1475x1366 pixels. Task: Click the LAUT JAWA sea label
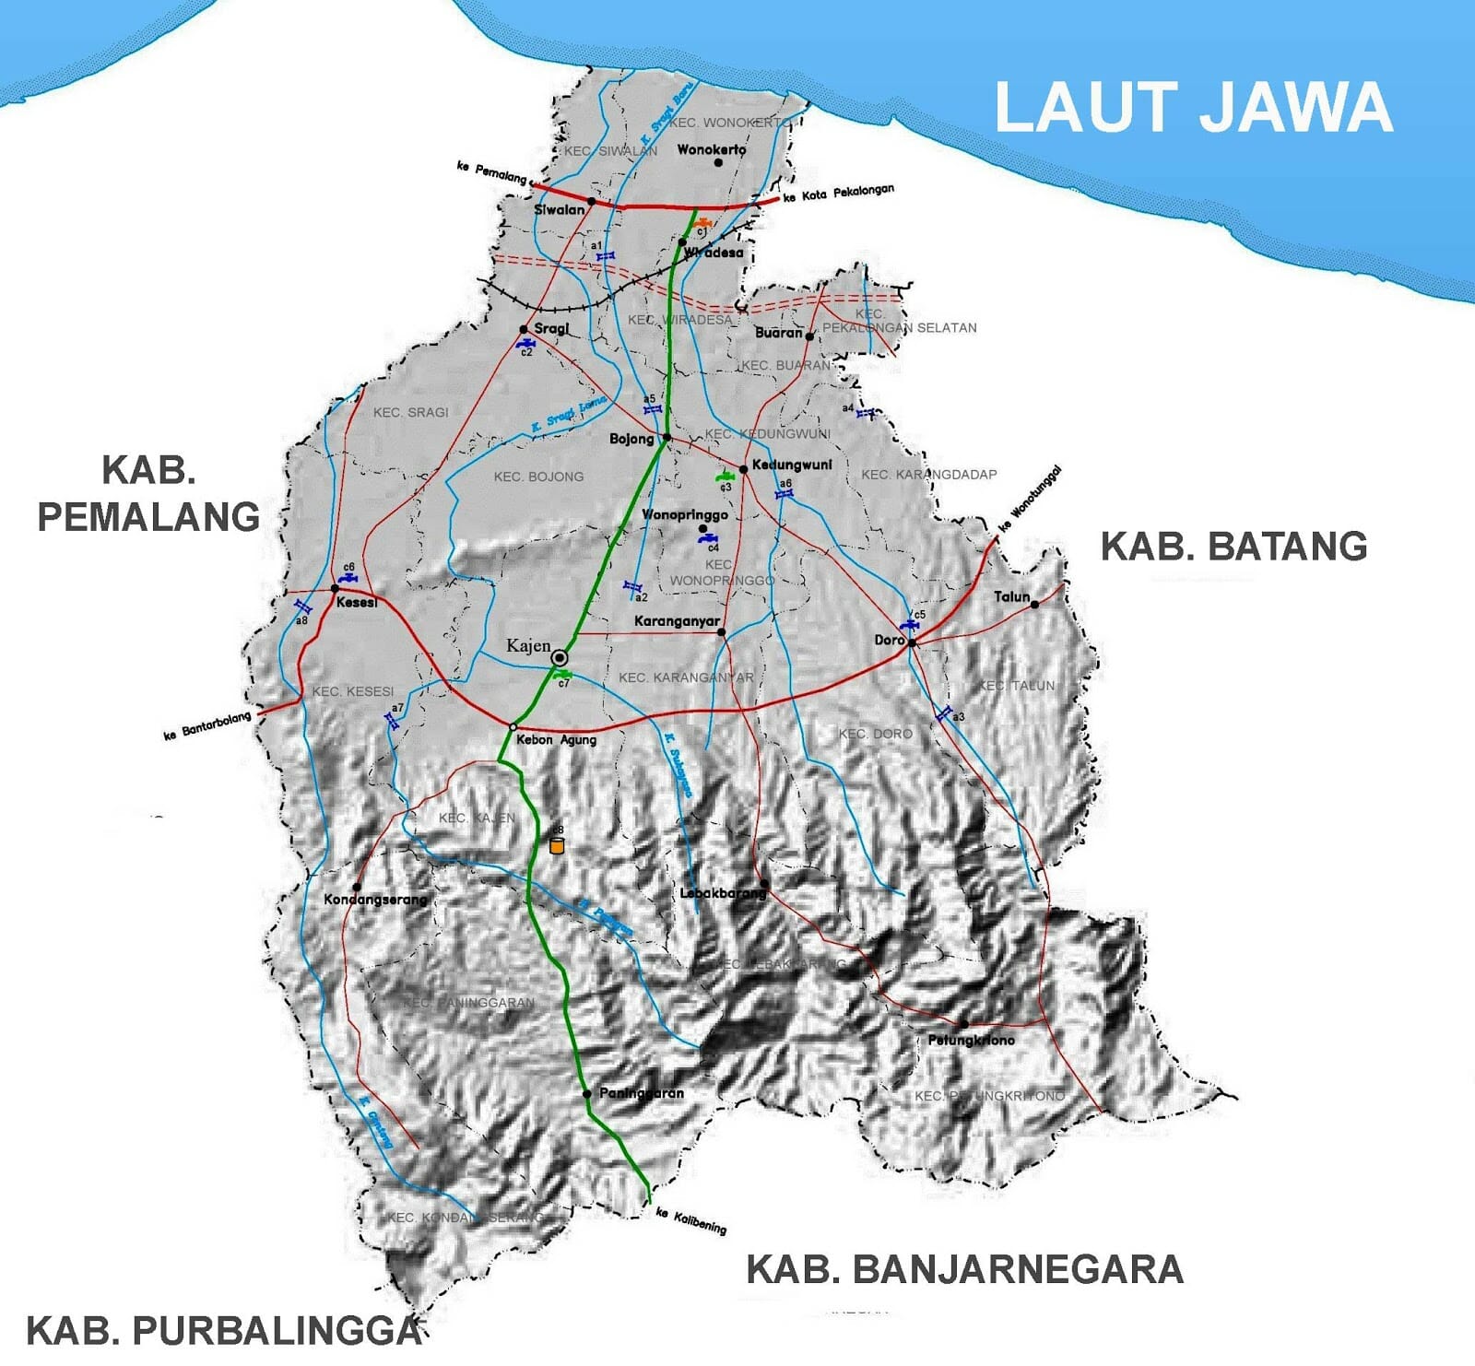pos(1193,107)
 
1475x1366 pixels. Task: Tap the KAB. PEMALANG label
pos(148,493)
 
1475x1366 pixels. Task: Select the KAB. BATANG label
pos(1233,547)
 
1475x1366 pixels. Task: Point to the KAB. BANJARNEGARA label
pos(964,1269)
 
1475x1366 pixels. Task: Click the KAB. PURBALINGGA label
pos(224,1331)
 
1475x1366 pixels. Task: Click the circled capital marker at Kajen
pos(560,657)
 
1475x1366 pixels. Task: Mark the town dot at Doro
pos(912,642)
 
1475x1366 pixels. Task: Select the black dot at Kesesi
pos(336,588)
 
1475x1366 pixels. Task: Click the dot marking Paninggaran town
pos(587,1094)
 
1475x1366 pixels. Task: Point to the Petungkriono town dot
pos(963,1024)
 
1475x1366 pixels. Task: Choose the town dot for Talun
pos(1034,605)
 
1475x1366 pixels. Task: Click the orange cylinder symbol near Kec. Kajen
pos(556,844)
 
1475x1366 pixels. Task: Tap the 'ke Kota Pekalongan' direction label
pos(838,194)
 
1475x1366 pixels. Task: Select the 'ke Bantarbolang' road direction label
pos(207,725)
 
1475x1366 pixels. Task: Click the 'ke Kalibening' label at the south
pos(691,1221)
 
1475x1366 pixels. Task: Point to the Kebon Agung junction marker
pos(513,727)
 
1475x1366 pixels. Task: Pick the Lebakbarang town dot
pos(764,884)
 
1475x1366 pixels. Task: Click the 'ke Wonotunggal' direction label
pos(1031,499)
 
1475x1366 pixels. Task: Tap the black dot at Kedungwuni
pos(743,469)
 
